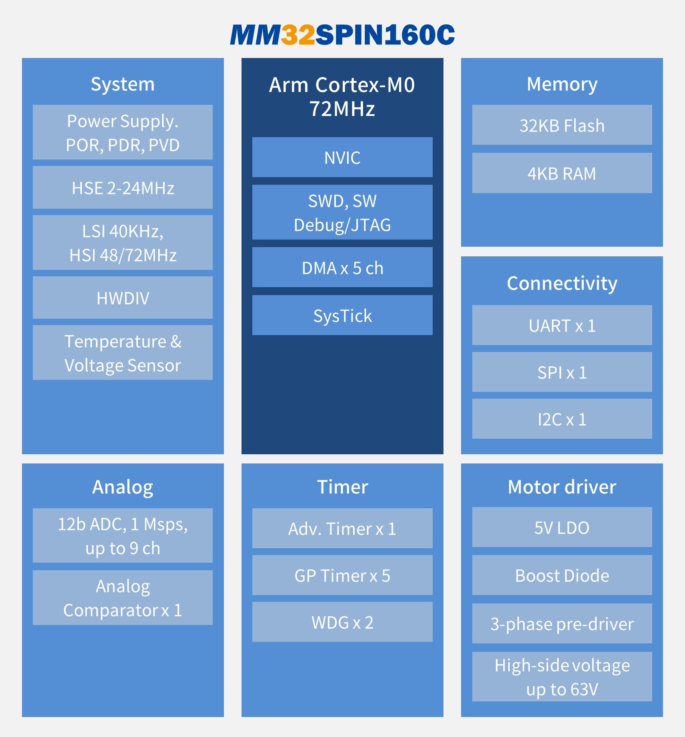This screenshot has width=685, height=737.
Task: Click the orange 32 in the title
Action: pos(298,35)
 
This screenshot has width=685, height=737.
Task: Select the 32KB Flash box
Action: pos(562,125)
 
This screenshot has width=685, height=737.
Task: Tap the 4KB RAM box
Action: pos(562,173)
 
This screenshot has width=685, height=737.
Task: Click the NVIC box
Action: pos(342,157)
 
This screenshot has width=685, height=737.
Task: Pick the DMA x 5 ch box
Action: pos(342,267)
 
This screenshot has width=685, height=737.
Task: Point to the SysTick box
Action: pos(342,315)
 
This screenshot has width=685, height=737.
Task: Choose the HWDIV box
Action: pos(123,298)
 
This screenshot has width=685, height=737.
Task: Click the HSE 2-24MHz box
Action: pos(123,187)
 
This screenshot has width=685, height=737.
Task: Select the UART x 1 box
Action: pos(562,325)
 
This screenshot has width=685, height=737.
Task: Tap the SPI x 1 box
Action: pos(562,372)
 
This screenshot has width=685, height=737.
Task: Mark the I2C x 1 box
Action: pos(562,419)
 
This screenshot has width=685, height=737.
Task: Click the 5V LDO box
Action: pos(562,527)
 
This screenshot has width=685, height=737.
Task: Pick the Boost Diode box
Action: pos(562,575)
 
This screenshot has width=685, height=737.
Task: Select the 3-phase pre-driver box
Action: pos(562,623)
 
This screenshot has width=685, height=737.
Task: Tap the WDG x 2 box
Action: pos(342,622)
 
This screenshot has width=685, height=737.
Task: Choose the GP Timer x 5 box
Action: pos(342,575)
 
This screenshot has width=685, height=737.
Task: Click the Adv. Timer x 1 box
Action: pos(342,528)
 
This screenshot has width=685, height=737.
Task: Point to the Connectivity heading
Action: pos(562,284)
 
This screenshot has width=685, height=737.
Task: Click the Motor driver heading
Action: pos(562,487)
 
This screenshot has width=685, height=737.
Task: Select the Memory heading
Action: pos(562,84)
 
